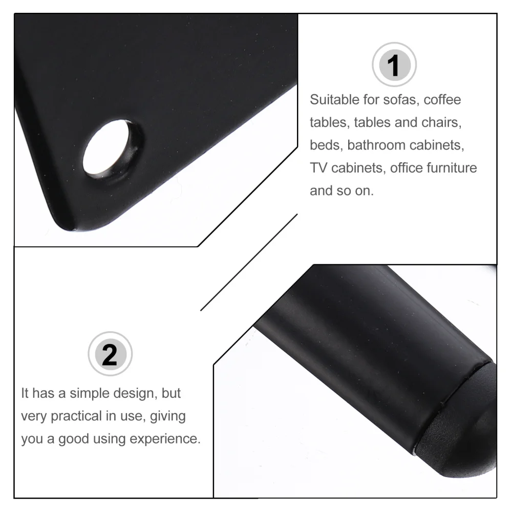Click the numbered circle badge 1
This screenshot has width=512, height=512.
[x=394, y=65]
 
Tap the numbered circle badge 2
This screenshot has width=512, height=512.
[x=110, y=354]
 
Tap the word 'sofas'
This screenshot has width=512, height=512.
[x=401, y=99]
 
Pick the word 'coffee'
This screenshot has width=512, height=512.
[x=442, y=99]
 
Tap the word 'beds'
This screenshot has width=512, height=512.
[x=326, y=145]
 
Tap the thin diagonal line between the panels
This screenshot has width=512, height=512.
[x=249, y=262]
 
